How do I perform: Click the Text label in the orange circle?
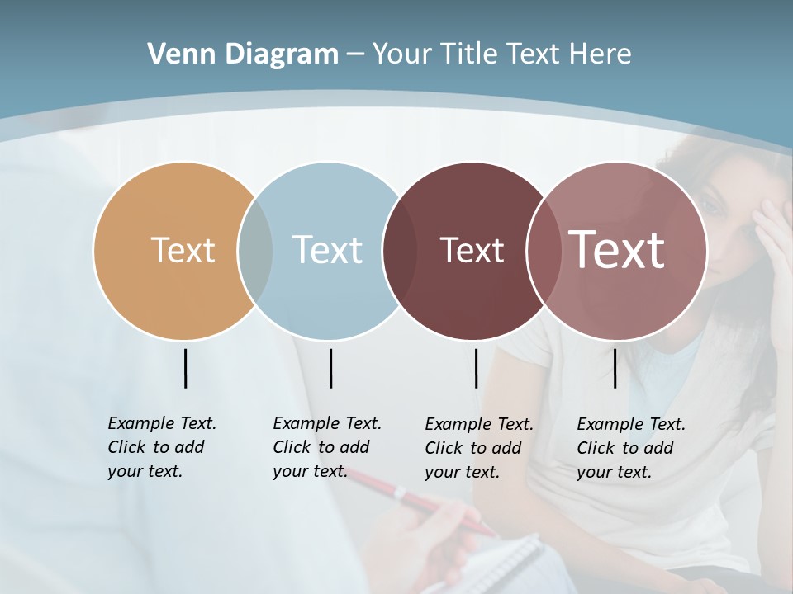pos(183,250)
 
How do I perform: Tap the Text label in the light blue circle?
pos(327,250)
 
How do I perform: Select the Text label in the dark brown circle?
pos(472,250)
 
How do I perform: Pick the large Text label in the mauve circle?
pos(617,250)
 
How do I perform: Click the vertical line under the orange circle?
pos(185,368)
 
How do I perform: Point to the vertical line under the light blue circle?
pos(330,368)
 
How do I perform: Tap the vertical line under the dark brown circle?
pos(476,368)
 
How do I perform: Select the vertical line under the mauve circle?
pos(615,368)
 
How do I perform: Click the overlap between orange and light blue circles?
pos(255,251)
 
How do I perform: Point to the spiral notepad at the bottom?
pos(496,565)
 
